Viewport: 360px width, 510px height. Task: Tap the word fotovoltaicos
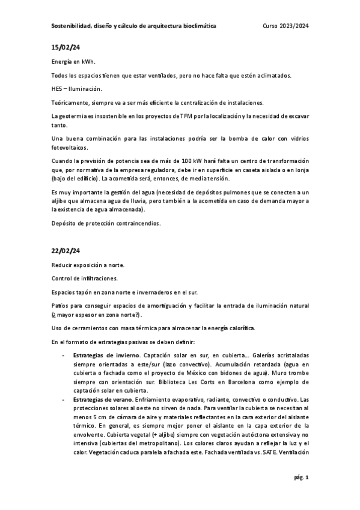(x=69, y=147)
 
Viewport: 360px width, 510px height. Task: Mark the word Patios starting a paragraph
(x=59, y=306)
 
